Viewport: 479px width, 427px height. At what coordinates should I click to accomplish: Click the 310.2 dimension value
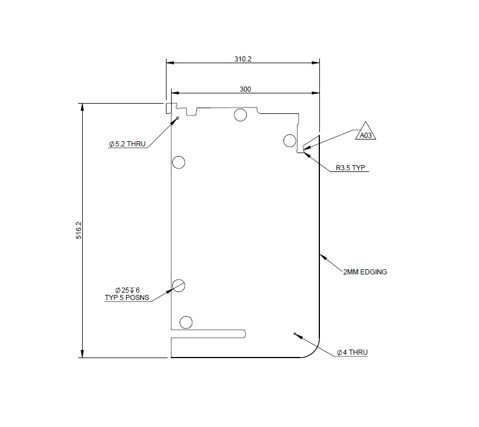pyautogui.click(x=242, y=59)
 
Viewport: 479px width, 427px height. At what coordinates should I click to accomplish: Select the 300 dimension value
pyautogui.click(x=245, y=89)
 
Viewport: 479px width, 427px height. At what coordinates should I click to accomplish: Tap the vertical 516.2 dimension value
pyautogui.click(x=79, y=230)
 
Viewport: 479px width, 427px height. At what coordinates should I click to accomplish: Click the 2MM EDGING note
pyautogui.click(x=365, y=272)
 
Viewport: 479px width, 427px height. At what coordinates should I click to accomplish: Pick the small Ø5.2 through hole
pyautogui.click(x=178, y=118)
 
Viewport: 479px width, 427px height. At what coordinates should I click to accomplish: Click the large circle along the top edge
pyautogui.click(x=240, y=116)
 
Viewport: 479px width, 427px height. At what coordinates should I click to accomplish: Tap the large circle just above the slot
pyautogui.click(x=186, y=322)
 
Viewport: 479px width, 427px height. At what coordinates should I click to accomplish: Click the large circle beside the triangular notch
pyautogui.click(x=290, y=141)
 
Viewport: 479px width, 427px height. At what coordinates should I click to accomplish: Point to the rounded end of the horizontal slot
pyautogui.click(x=243, y=333)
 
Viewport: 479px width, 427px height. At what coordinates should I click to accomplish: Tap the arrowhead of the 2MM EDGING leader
pyautogui.click(x=320, y=254)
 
